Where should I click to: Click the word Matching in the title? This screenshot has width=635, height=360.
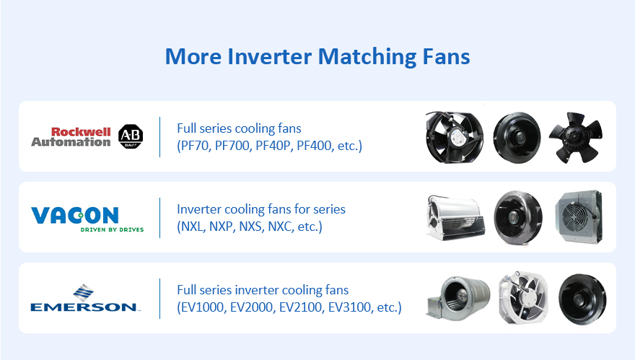pos(367,57)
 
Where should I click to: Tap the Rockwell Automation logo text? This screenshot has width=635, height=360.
pos(71,137)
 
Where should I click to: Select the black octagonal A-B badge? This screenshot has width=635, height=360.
pos(131,136)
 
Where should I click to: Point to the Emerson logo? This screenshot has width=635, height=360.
pos(85,298)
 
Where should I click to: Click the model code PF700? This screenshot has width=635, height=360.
pos(232,146)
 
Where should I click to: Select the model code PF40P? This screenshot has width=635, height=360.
pos(273,146)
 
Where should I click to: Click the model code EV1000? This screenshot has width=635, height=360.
pos(202,307)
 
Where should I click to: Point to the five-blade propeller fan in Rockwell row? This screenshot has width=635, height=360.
pos(576,137)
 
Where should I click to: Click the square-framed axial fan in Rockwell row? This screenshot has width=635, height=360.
pos(455,137)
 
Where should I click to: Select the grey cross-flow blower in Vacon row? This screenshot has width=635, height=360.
pos(455,218)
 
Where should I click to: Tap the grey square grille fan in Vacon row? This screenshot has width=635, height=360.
pos(579,217)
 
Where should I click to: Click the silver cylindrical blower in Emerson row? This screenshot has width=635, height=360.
pos(457,298)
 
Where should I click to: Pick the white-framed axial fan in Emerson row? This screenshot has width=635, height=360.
pos(523,298)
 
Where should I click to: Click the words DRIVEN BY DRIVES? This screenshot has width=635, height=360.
pos(112,229)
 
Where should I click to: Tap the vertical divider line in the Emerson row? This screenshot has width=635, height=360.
pos(160,299)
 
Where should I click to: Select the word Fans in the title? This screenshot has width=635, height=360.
pos(446,57)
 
